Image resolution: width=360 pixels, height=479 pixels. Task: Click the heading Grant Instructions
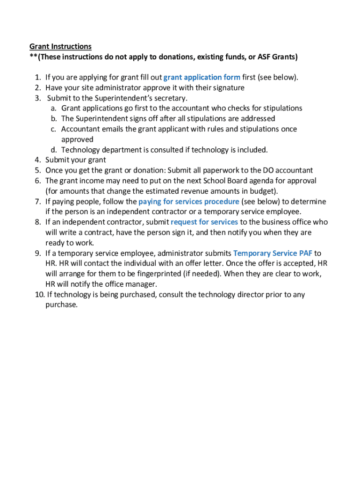tap(60, 46)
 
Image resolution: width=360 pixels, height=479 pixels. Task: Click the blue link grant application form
tap(202, 77)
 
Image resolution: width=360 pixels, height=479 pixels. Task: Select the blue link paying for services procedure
tap(189, 202)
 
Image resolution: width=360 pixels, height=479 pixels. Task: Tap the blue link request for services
tap(204, 222)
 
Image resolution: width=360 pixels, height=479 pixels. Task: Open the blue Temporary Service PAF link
tap(273, 253)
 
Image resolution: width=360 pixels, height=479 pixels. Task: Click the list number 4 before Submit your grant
tap(37, 160)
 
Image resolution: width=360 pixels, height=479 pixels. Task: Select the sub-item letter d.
tap(54, 150)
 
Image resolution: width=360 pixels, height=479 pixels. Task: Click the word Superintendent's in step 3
tap(132, 98)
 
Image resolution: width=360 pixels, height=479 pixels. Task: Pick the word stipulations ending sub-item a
tap(281, 108)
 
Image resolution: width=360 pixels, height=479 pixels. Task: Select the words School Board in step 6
tap(224, 181)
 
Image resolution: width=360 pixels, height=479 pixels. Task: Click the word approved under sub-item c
tap(77, 139)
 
